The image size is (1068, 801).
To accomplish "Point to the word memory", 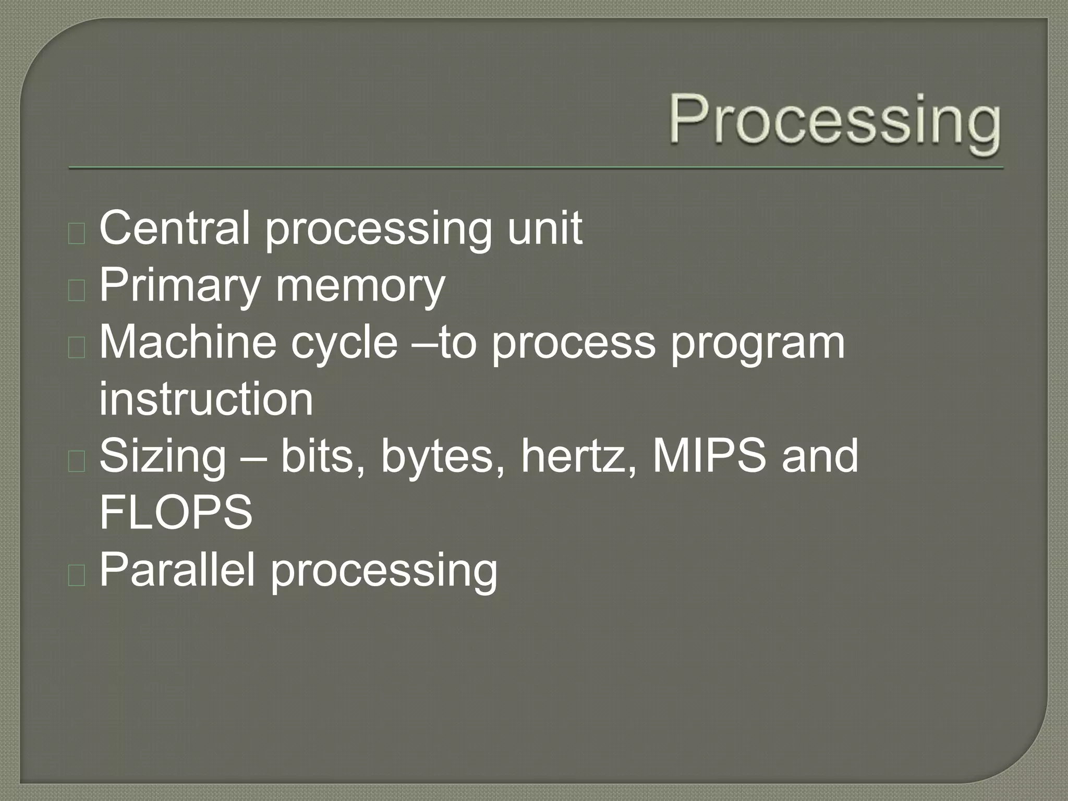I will [360, 286].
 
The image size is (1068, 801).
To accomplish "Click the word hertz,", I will [579, 456].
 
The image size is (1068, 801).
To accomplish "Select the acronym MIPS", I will [709, 456].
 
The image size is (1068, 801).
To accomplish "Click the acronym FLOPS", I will [176, 513].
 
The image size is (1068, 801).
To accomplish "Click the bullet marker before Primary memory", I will [77, 290].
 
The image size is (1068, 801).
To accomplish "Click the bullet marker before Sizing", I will [77, 462].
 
